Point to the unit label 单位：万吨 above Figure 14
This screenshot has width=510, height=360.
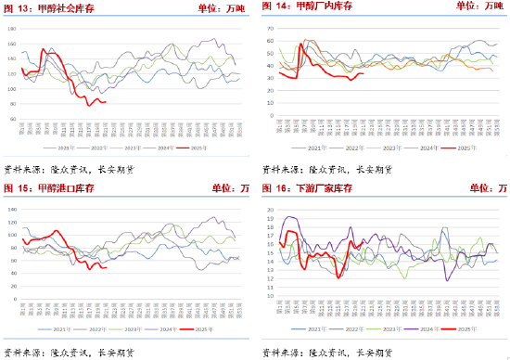479,7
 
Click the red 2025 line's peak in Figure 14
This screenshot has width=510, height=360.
300,44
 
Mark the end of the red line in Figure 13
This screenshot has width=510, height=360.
107,102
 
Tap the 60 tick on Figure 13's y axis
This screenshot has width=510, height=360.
12,133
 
